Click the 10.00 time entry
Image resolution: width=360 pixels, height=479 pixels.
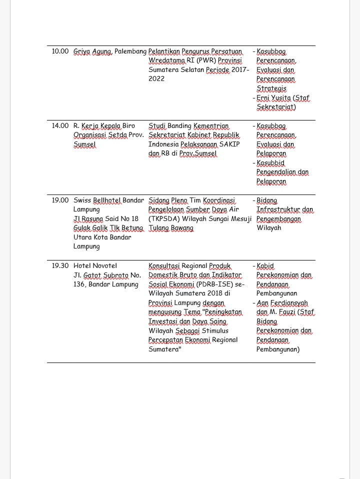[60, 51]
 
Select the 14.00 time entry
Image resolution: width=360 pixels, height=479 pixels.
[60, 125]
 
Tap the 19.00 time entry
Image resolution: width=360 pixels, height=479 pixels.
[60, 200]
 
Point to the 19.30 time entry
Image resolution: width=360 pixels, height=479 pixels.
[60, 265]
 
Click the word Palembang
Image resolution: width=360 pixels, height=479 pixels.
[130, 51]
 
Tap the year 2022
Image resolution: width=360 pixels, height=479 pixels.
[156, 79]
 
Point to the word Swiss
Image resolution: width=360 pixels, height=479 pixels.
[82, 200]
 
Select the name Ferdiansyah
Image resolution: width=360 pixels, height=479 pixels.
[288, 303]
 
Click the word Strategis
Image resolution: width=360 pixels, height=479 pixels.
[271, 88]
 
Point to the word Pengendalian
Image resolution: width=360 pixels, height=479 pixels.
[276, 172]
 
